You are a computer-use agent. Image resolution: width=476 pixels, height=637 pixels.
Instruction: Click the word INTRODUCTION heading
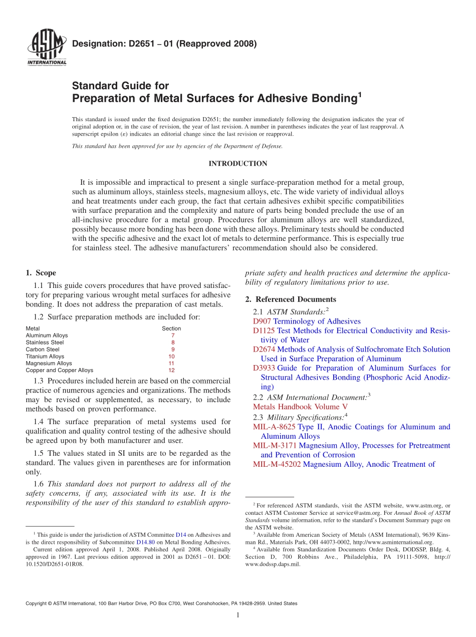click(237, 164)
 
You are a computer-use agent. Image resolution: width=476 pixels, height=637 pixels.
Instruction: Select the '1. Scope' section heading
click(41, 273)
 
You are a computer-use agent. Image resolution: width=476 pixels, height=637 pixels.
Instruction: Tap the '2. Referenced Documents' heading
click(291, 299)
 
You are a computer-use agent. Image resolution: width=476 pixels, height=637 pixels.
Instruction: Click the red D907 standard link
click(262, 322)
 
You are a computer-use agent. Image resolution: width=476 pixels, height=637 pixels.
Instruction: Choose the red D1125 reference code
click(264, 331)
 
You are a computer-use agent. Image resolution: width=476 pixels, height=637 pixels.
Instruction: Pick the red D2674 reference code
click(264, 349)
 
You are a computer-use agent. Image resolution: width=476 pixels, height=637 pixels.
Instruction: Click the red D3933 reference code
click(264, 368)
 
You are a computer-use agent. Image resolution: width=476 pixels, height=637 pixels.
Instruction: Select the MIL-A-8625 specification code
click(274, 427)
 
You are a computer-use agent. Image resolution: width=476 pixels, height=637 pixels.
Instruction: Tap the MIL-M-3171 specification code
click(275, 445)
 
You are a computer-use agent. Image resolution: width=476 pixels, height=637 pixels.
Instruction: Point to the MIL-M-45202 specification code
click(277, 464)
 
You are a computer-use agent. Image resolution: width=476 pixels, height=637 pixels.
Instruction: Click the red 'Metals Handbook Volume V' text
click(300, 407)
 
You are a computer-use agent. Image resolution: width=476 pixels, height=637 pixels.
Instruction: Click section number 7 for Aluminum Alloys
click(172, 336)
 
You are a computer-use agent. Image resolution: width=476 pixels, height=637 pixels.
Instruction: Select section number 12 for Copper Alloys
click(171, 371)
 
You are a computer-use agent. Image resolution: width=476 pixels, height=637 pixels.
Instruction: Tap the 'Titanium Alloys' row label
click(45, 357)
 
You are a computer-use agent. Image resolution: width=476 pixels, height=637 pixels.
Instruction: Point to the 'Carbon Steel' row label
click(43, 350)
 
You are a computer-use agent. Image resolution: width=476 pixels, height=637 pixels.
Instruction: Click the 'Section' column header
click(171, 329)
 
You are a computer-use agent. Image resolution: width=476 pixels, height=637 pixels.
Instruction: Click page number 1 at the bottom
click(238, 615)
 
